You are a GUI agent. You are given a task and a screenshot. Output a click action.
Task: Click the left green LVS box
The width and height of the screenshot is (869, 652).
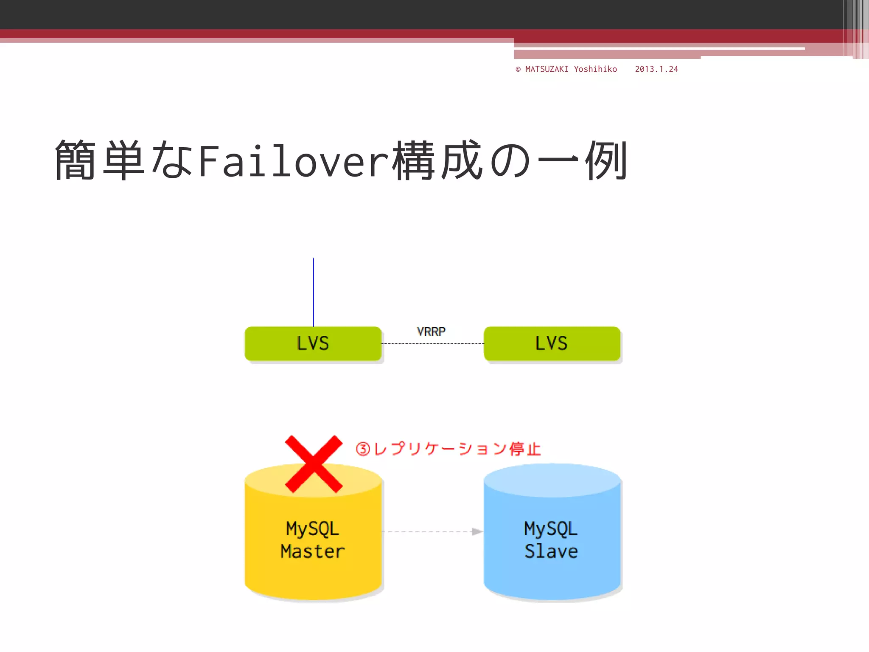coord(313,343)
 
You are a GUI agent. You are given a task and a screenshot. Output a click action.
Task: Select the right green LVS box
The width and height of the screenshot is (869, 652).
coord(552,343)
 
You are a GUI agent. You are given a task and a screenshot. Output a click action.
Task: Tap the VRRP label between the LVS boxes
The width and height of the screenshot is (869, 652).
coord(431,332)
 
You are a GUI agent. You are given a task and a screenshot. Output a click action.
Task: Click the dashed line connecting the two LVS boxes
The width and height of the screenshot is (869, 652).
coord(432,343)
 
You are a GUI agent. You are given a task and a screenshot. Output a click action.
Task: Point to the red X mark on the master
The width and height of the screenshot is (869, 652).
coord(314,464)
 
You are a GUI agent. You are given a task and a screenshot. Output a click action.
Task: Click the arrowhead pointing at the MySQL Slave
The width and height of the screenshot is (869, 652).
coord(477,531)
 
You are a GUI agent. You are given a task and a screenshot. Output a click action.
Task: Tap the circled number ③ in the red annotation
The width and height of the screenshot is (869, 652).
coord(363,449)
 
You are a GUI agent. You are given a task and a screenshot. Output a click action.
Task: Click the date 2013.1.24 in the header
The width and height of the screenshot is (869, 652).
coord(656,69)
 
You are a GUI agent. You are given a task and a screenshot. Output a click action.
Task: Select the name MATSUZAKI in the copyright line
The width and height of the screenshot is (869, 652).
coord(547,69)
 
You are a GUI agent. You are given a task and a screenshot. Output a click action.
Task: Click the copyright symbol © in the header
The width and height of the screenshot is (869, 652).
coord(518,69)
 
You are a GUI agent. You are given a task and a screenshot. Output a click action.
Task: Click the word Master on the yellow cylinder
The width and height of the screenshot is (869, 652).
coord(313,551)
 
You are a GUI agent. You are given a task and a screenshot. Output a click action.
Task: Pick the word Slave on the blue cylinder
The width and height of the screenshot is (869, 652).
coord(551,551)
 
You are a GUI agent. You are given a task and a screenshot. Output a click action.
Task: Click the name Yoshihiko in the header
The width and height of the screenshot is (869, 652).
coord(595,69)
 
